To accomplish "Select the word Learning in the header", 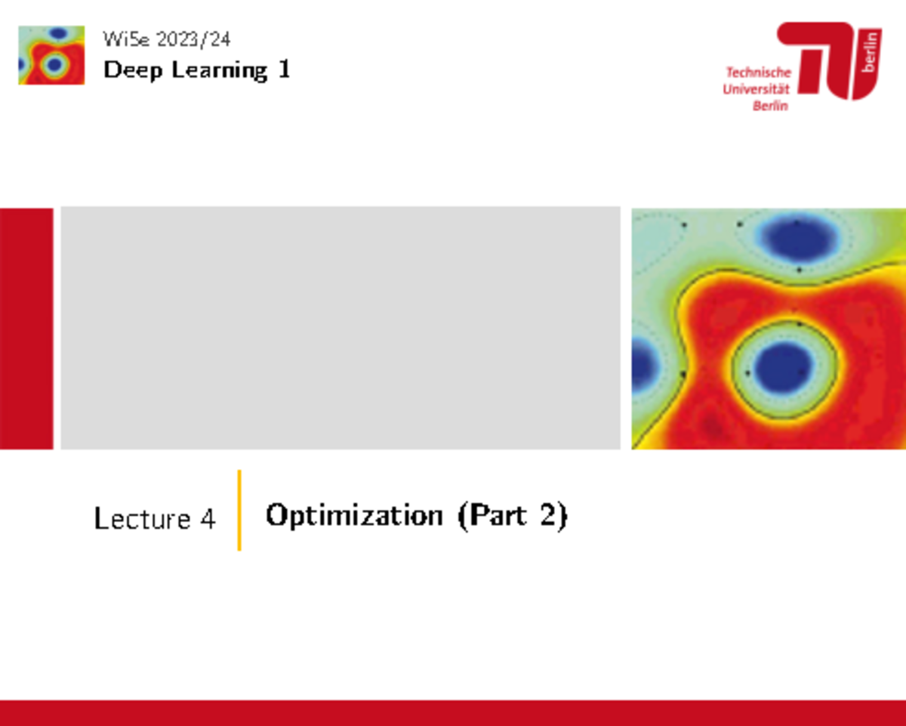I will point(220,71).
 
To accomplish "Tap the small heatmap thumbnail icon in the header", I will point(51,55).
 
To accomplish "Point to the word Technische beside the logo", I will point(758,73).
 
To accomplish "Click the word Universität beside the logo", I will point(757,89).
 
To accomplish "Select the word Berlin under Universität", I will point(769,106).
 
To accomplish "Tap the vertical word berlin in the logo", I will point(871,52).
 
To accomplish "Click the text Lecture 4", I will point(155,519).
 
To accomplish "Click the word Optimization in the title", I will point(354,516).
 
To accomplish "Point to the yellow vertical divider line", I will point(239,510).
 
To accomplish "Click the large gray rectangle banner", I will point(340,328).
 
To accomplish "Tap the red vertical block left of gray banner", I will point(26,328).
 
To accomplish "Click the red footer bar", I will point(453,712).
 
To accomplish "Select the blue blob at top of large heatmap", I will point(799,240).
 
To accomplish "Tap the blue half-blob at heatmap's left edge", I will point(643,361).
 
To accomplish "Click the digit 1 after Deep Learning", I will point(284,70).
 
